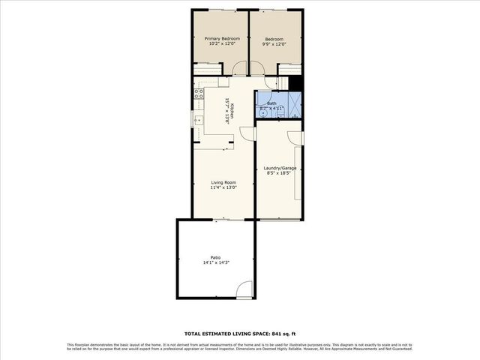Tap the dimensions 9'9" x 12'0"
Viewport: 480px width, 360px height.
click(274, 43)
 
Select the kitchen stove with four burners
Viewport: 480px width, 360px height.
click(199, 94)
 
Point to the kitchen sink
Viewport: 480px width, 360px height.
click(199, 120)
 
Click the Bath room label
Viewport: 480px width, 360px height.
click(271, 103)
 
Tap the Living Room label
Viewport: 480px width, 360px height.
click(223, 182)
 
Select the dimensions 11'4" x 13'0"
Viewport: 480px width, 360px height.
click(223, 187)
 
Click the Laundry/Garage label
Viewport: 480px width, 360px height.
click(280, 168)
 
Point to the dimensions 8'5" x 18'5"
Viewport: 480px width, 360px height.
click(280, 173)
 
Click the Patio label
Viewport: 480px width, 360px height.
click(215, 258)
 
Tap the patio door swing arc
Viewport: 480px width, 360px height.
click(244, 289)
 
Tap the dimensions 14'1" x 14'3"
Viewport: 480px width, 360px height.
click(215, 263)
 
